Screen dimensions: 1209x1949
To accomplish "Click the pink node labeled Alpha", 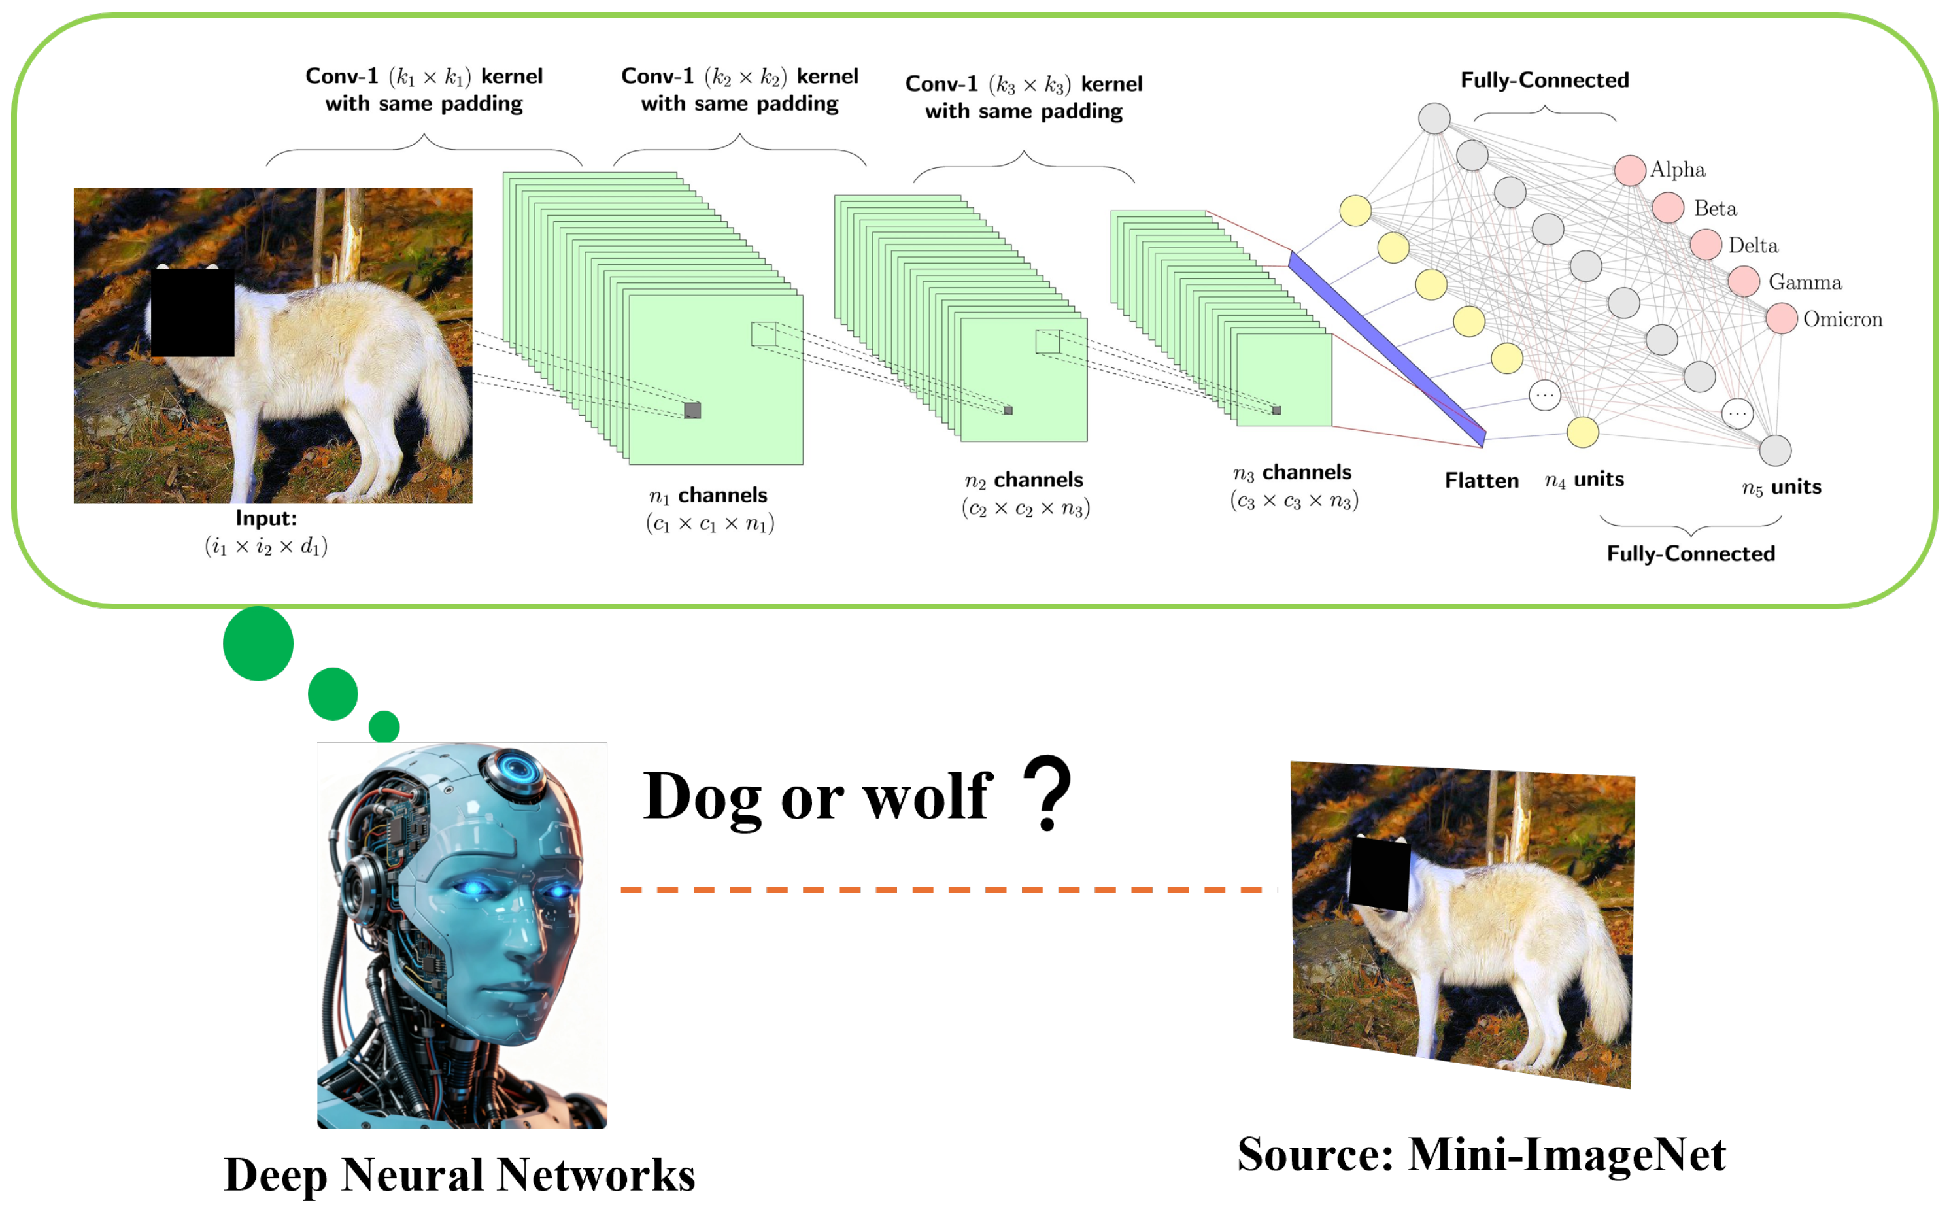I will [1629, 170].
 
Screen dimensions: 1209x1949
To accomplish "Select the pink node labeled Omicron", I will [1780, 318].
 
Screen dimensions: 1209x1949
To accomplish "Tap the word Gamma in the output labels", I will [1805, 282].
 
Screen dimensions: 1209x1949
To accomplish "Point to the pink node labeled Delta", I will [1704, 245].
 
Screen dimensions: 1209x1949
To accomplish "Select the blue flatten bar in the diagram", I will [1387, 348].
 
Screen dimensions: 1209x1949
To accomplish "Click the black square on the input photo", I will [193, 312].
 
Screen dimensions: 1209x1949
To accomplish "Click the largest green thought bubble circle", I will [258, 643].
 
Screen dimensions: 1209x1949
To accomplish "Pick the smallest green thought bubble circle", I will [384, 726].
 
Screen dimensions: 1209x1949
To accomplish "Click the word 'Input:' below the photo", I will [266, 518].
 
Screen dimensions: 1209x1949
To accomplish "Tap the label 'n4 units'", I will [1584, 480].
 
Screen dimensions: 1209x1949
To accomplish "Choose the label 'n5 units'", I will [1781, 487].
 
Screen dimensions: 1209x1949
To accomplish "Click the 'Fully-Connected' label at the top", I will [1544, 80].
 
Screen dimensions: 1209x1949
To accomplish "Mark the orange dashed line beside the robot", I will [948, 889].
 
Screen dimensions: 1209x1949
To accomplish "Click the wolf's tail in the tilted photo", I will [1603, 991].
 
